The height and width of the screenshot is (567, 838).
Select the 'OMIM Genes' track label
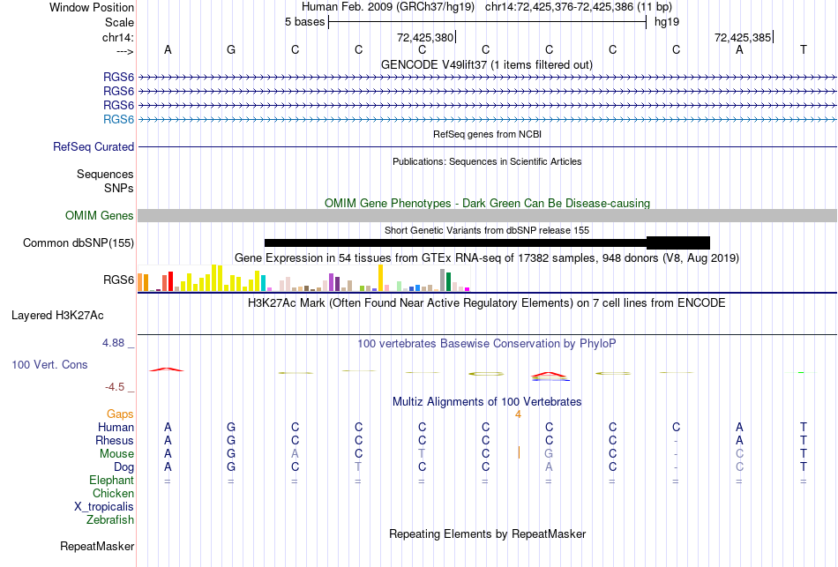[x=100, y=216]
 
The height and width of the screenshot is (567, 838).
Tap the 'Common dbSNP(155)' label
[x=79, y=243]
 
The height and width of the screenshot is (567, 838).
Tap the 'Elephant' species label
[x=111, y=481]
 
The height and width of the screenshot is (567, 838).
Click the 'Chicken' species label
[x=113, y=494]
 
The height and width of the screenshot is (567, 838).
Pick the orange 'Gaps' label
[x=120, y=414]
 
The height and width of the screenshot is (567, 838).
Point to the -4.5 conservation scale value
[x=119, y=386]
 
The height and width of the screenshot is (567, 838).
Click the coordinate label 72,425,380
[x=425, y=38]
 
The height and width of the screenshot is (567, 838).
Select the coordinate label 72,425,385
[x=743, y=38]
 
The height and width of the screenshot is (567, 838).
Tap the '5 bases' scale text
[x=304, y=22]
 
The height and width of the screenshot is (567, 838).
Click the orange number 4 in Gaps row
[x=519, y=414]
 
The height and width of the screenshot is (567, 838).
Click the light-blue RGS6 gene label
[x=118, y=119]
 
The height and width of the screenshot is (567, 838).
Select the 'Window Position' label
[x=92, y=7]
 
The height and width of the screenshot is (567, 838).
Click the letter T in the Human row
[x=804, y=428]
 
